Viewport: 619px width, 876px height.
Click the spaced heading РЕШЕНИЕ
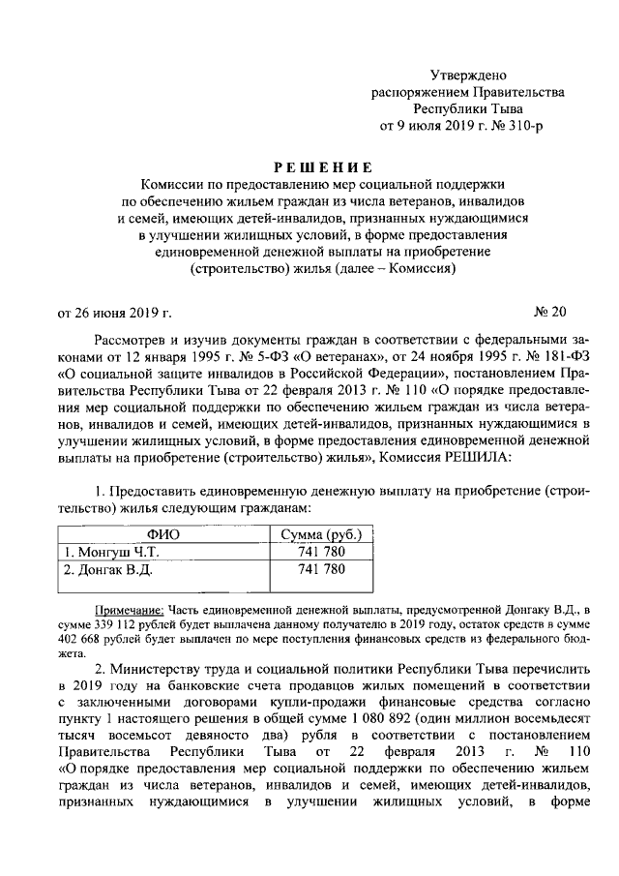click(309, 166)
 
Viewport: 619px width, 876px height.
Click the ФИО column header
click(162, 534)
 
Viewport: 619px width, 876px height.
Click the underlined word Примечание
click(130, 609)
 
